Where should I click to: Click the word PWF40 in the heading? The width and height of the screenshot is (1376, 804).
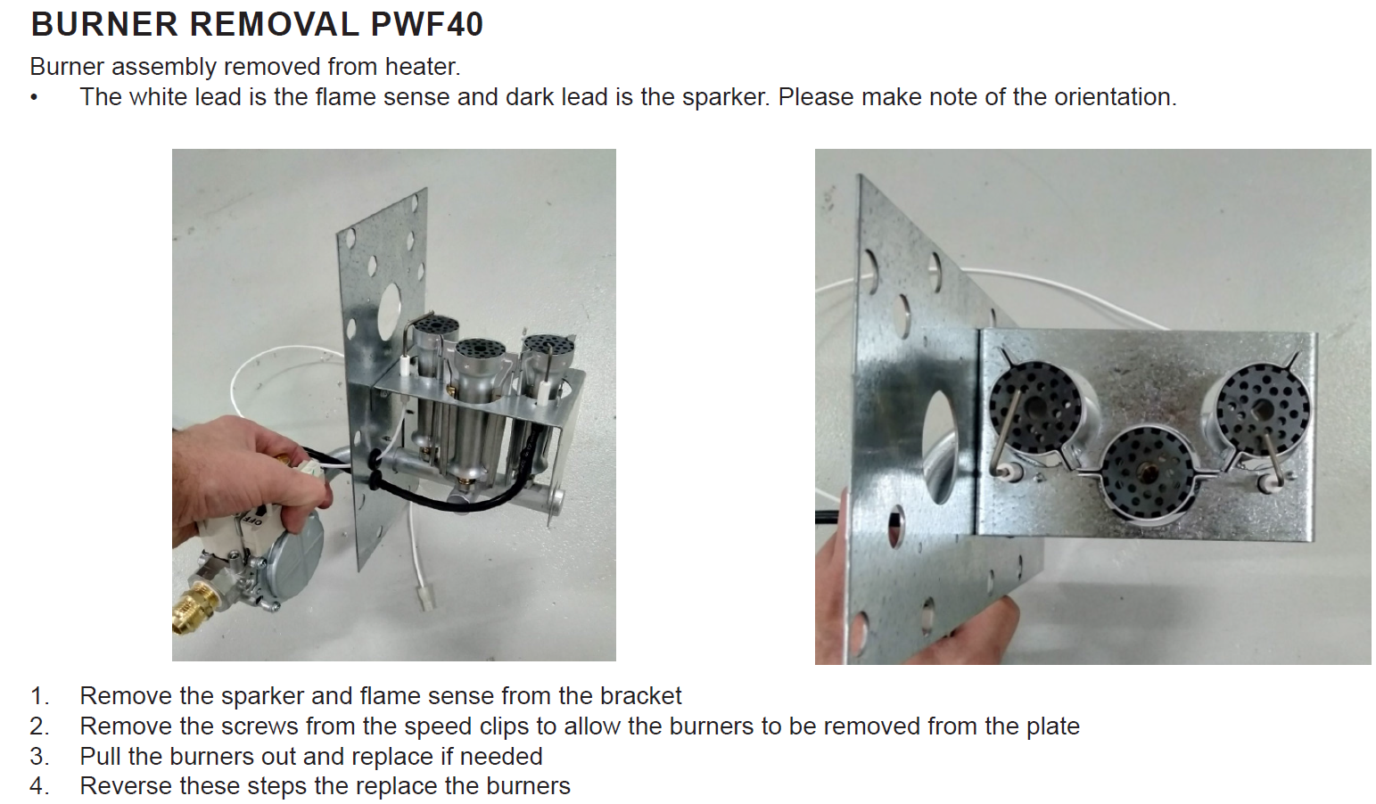click(x=427, y=25)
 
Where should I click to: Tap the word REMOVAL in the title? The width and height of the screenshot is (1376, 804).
click(x=275, y=25)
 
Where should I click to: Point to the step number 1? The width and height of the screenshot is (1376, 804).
click(x=39, y=696)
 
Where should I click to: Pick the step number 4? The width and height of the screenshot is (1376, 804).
click(x=39, y=786)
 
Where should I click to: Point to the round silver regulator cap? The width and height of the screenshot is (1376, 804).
click(x=295, y=558)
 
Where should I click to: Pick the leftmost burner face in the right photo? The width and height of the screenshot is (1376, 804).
click(x=1034, y=408)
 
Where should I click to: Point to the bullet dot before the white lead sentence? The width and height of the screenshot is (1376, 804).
click(x=35, y=98)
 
